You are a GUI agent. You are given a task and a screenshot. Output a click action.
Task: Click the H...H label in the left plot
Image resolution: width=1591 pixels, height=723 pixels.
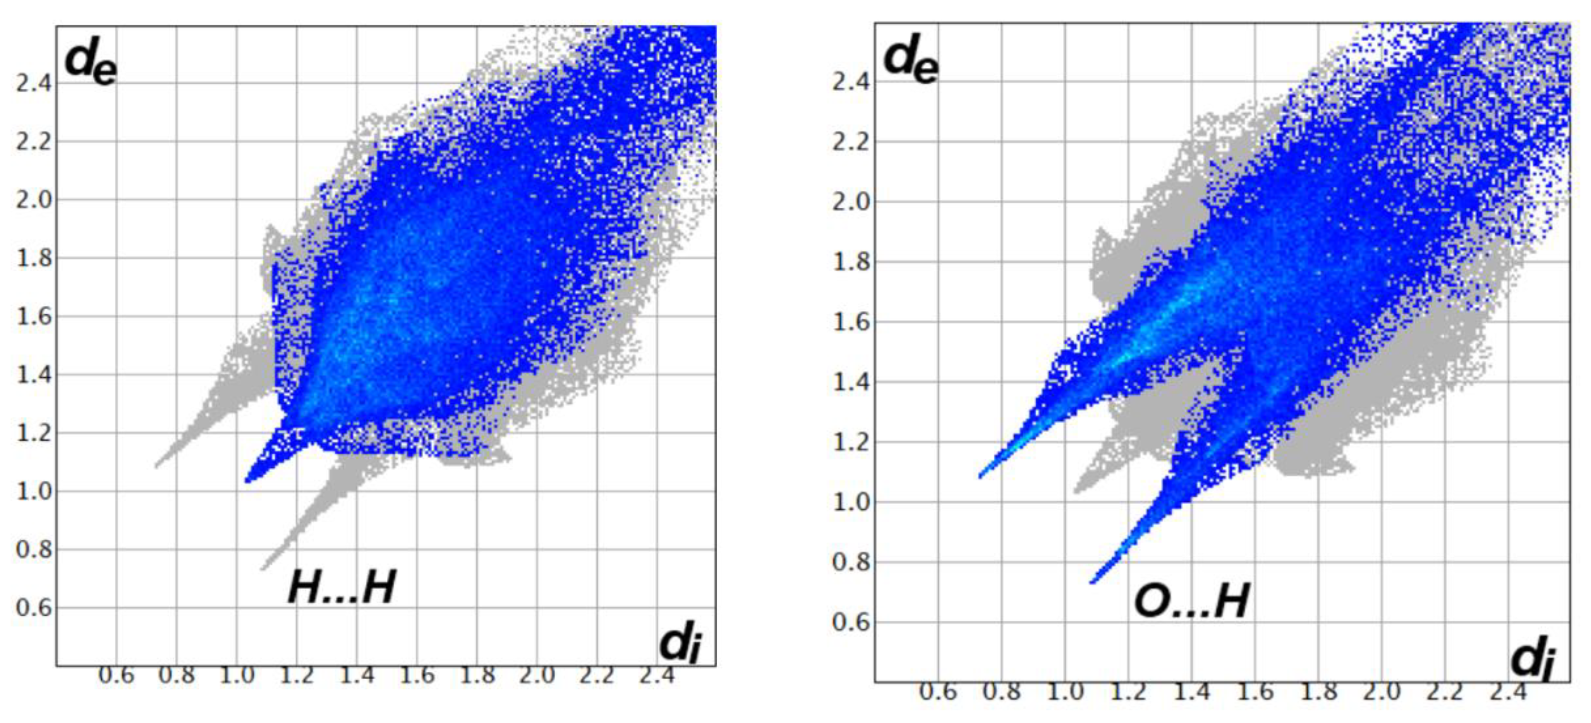[342, 587]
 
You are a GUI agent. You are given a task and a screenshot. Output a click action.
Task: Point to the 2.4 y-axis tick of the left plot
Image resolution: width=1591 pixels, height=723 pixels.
[34, 84]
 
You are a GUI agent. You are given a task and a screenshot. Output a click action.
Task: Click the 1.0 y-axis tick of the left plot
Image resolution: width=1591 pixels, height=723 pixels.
[34, 491]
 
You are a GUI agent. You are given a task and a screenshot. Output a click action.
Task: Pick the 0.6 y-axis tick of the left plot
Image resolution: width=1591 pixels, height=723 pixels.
[34, 608]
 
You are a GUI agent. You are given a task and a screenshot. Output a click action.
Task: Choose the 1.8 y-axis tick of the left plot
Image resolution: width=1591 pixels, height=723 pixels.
[34, 258]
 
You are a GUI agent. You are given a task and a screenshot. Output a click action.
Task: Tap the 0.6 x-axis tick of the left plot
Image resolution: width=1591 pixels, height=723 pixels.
[116, 675]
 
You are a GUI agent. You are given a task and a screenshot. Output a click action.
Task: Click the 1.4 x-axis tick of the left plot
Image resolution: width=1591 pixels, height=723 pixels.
[357, 675]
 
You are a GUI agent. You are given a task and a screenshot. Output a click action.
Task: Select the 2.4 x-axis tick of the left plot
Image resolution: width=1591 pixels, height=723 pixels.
[656, 675]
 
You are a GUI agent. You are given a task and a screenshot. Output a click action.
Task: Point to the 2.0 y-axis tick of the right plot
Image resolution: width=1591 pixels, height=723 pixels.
[851, 202]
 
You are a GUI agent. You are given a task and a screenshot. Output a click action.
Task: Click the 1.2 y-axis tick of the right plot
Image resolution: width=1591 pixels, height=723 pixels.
[851, 442]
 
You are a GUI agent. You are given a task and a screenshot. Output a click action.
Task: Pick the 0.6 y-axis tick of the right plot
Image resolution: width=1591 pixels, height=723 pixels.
[851, 622]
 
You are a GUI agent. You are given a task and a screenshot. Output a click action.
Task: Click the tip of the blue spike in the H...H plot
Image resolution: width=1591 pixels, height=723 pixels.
[247, 480]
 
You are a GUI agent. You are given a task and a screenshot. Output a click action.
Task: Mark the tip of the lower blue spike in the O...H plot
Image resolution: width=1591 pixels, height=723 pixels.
[1092, 582]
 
